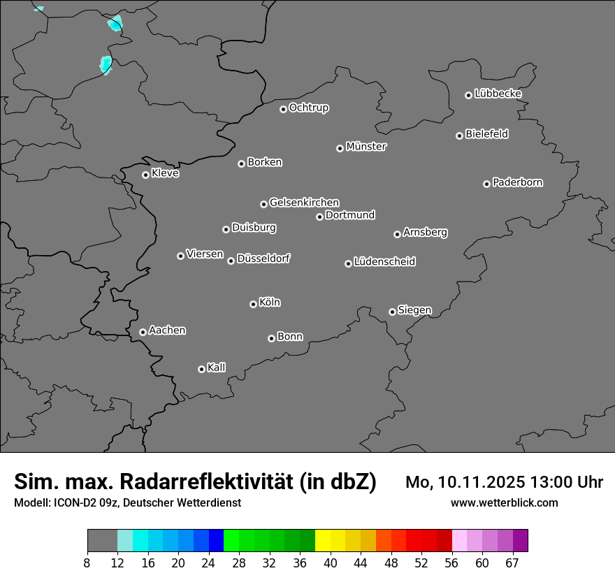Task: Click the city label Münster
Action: (366, 147)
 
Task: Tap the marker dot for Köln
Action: (253, 304)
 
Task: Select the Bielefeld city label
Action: (486, 134)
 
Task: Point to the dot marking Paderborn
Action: (486, 184)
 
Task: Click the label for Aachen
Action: (167, 331)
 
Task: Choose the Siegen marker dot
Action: (392, 312)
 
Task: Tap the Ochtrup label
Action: (309, 108)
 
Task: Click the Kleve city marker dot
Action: (145, 175)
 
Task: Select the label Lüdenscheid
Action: (384, 262)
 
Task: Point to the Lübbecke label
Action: (498, 94)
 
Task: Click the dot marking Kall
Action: (201, 369)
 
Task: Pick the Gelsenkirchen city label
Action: (304, 203)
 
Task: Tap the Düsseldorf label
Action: (263, 259)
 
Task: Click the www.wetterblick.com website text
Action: (504, 503)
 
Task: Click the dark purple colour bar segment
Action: (520, 541)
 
